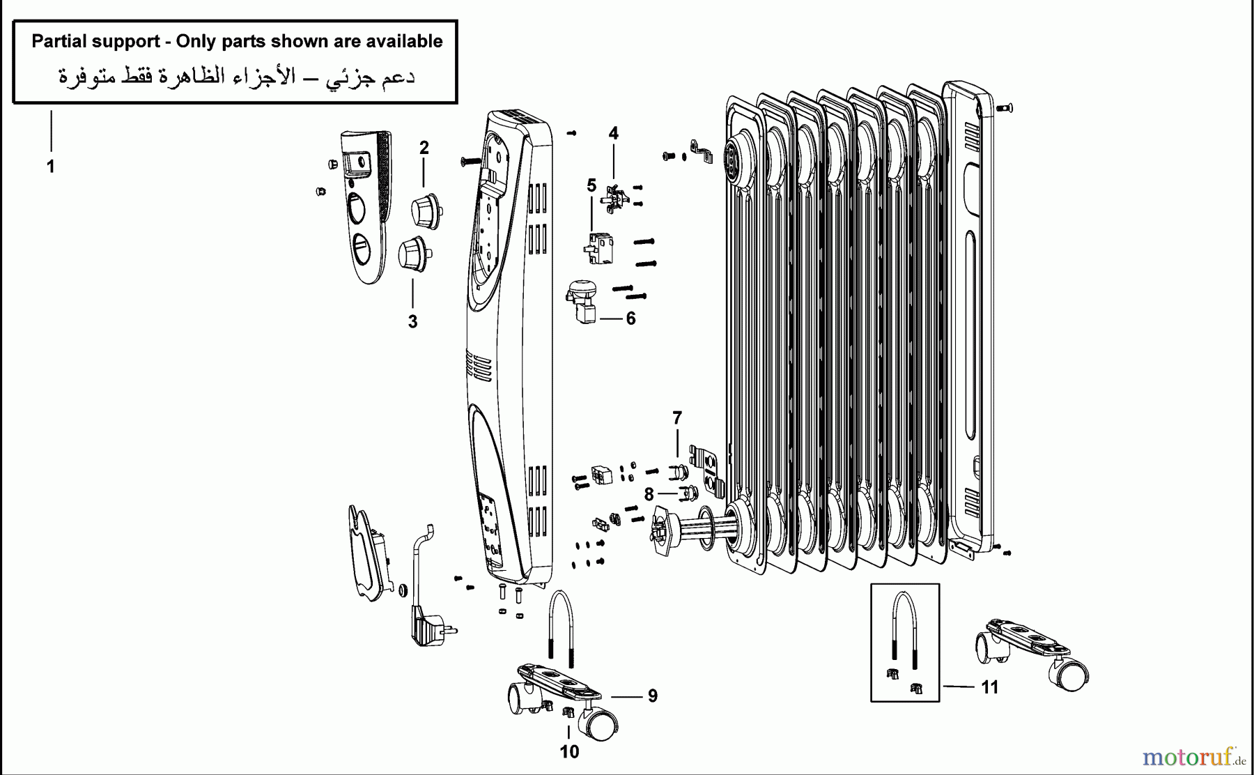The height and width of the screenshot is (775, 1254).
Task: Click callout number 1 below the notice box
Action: [50, 167]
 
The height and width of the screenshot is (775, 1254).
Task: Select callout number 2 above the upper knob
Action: [424, 148]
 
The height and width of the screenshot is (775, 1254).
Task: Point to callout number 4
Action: [613, 133]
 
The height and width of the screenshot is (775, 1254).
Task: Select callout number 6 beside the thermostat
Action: [630, 319]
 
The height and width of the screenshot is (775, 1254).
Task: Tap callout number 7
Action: [676, 418]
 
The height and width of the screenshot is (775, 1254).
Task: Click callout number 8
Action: [649, 495]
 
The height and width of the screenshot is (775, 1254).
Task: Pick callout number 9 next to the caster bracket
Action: [652, 696]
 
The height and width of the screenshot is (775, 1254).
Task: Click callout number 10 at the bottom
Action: [569, 752]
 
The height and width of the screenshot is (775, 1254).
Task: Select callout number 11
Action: [989, 687]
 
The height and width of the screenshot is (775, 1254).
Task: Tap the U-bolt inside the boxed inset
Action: [904, 627]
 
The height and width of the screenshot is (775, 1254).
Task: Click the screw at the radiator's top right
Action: [1004, 108]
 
